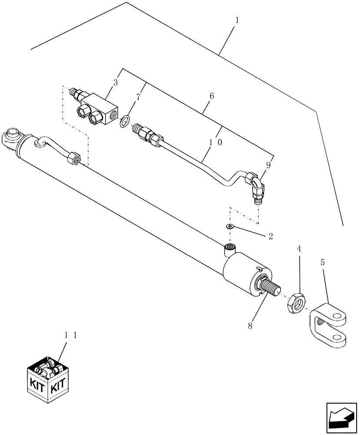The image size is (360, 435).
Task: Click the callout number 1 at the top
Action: point(237,20)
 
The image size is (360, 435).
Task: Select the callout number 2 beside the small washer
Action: point(270,236)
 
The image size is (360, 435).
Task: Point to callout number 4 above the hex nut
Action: point(299,249)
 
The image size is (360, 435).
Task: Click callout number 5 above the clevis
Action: point(322,263)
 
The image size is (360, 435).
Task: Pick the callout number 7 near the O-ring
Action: point(138,97)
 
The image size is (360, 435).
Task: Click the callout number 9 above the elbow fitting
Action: point(269,165)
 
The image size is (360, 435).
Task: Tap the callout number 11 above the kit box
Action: point(70,335)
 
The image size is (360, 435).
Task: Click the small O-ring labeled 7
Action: point(124,121)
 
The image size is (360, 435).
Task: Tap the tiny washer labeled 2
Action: point(229,226)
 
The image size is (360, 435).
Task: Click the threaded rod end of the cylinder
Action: point(270,290)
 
